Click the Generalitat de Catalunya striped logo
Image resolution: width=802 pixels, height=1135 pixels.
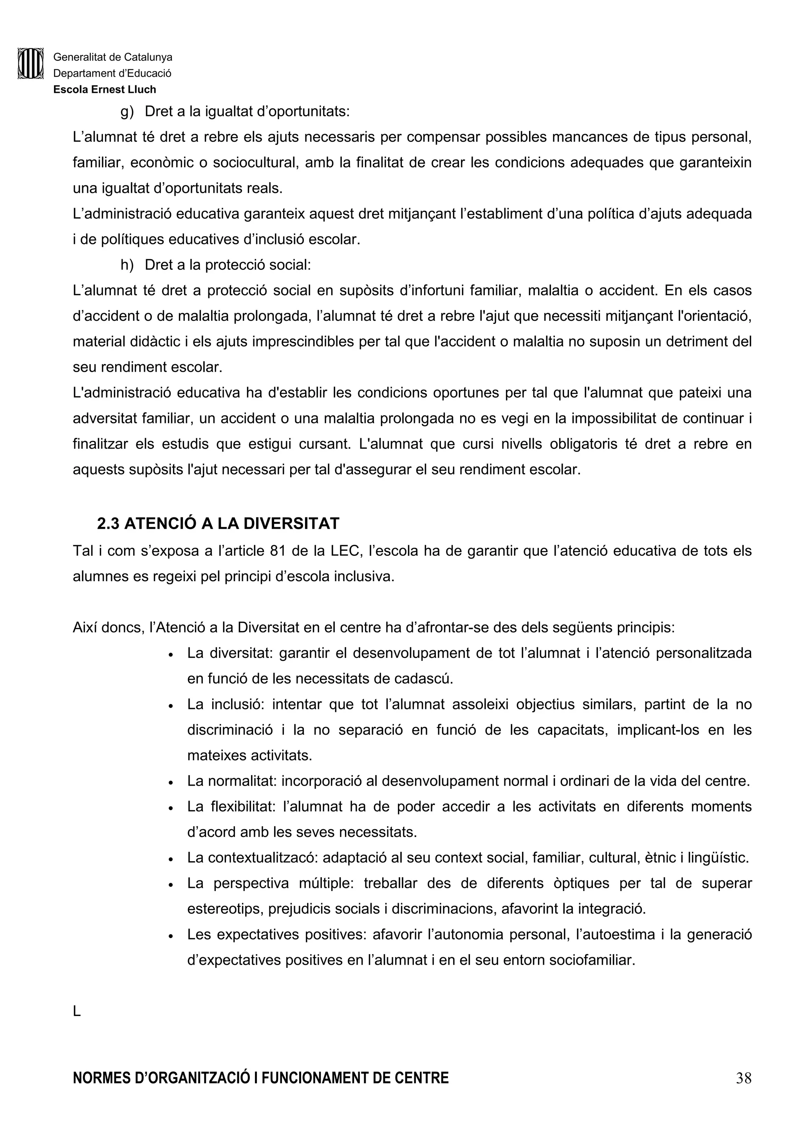coord(30,63)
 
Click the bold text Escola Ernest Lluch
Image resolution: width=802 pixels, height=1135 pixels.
coord(105,89)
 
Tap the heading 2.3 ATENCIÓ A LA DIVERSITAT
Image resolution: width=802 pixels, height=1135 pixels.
coord(218,524)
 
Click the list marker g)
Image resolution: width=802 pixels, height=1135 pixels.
coord(127,112)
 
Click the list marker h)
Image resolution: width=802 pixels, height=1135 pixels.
coord(127,265)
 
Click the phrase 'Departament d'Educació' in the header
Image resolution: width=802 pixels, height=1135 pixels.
coord(112,74)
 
